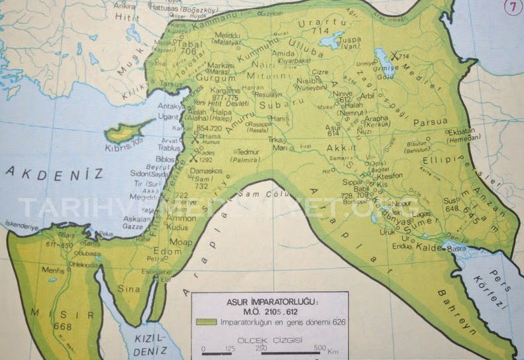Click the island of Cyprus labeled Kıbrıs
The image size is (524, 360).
(126, 133)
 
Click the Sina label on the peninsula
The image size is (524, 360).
(129, 289)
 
